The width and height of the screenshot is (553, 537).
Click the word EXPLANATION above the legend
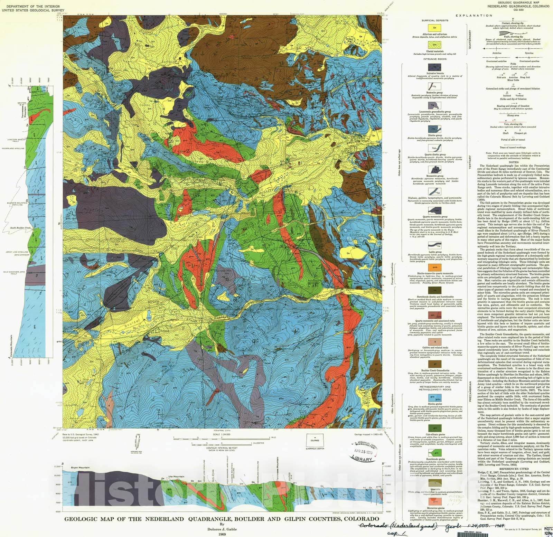[x=474, y=16]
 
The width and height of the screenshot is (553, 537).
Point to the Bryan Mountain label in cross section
[x=80, y=468]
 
